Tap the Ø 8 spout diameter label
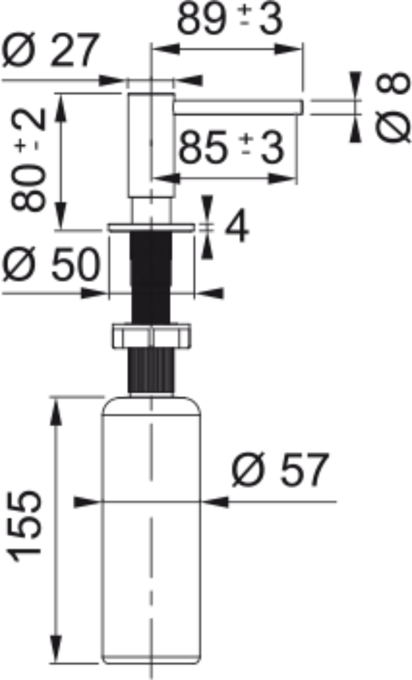tap(393, 107)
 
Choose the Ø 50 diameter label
tap(51, 264)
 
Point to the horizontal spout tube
tap(238, 107)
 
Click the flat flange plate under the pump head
tap(151, 227)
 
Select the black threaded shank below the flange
tap(152, 276)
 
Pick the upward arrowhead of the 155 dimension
tap(56, 412)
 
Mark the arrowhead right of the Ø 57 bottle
tap(216, 502)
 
